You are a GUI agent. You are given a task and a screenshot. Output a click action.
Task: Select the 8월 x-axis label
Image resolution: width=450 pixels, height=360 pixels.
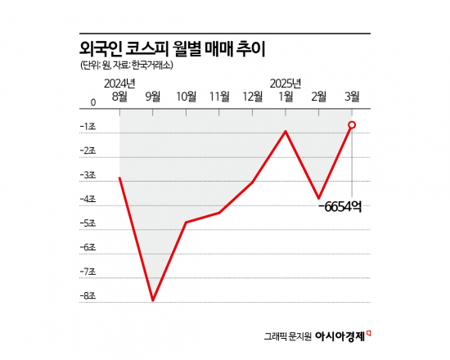pos(119,97)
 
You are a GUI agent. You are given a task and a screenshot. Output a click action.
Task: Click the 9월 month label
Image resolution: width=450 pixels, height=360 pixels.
pos(153,97)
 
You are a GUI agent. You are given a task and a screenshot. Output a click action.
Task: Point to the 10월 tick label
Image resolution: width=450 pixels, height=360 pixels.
pos(187,97)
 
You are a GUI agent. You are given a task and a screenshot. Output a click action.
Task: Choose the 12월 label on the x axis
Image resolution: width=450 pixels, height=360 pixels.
pos(252,97)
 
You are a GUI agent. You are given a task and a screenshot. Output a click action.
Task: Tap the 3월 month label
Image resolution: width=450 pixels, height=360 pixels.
pos(352,97)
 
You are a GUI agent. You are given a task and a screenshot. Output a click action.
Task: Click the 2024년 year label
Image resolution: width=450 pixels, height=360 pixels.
pos(120,83)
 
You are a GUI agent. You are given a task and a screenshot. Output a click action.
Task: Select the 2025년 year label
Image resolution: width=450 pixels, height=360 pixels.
pos(286,83)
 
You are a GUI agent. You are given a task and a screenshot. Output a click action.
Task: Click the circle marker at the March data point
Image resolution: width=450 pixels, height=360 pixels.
pos(352,124)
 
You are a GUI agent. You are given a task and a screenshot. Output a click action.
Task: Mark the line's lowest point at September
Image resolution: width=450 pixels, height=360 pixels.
pos(153,300)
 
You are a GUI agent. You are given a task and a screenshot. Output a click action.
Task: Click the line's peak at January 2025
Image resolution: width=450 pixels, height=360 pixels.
pos(286,130)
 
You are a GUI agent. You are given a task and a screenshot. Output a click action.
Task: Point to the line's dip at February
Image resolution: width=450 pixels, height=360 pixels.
pos(319,198)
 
